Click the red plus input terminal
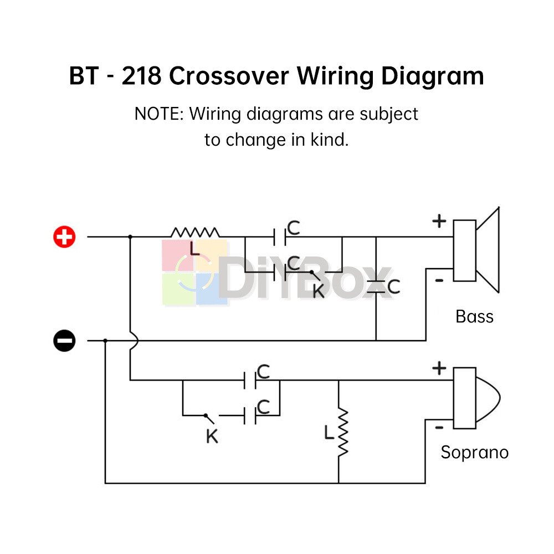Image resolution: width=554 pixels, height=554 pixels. coord(64,237)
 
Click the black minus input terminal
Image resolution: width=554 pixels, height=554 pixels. coord(64,341)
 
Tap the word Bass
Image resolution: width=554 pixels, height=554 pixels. coord(474,316)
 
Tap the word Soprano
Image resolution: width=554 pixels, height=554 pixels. coord(475,453)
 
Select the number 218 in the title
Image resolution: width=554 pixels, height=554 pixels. coord(141,75)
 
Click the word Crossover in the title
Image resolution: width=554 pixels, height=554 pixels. coord(229,75)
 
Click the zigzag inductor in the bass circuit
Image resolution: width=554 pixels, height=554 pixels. coord(195,232)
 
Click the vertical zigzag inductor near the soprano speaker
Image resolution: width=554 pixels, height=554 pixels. coord(343,433)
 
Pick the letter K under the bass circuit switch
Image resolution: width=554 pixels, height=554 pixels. coord(319,291)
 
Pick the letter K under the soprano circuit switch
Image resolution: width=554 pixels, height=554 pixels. coord(212,437)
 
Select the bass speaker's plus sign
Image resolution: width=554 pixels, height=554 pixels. coord(439,222)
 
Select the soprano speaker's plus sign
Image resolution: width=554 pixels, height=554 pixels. coord(439,368)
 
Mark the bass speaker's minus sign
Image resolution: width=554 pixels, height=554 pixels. coord(439,280)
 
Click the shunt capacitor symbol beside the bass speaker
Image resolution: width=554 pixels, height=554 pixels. coord(376,286)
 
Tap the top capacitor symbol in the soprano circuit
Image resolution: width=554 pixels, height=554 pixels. coord(250,380)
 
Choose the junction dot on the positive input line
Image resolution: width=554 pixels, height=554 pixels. coord(130,237)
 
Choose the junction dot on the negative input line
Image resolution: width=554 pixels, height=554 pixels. coord(105,341)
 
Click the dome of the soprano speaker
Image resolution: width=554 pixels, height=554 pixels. coord(489,398)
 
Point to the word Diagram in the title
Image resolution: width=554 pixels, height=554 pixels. coord(433,76)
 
